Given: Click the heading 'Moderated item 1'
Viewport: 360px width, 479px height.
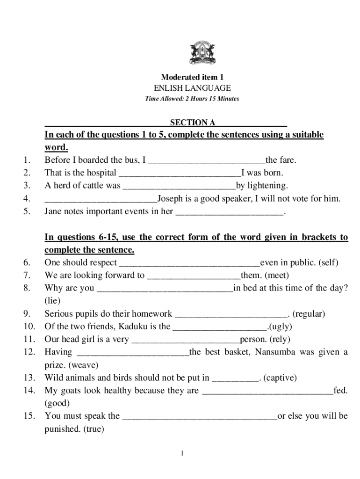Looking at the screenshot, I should click(192, 77).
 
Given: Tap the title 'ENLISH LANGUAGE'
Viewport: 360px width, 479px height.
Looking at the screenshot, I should click(192, 88).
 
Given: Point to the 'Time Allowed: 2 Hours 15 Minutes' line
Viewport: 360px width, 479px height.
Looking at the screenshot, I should click(192, 99).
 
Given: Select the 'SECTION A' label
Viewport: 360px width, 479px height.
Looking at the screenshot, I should click(192, 123).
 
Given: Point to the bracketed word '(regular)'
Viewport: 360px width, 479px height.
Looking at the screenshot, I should click(309, 314).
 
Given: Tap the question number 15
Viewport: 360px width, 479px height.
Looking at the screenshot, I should click(29, 415).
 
